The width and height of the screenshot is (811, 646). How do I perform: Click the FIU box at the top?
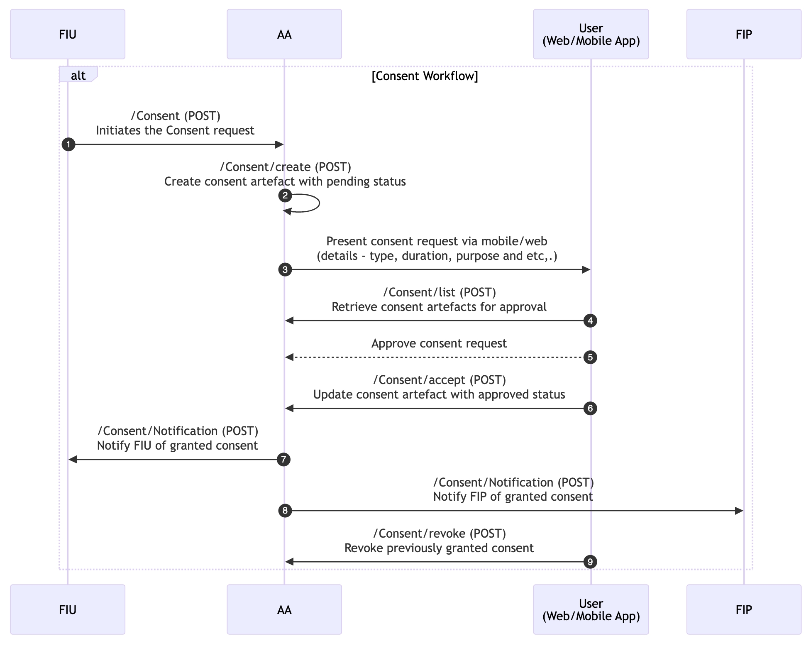(x=68, y=34)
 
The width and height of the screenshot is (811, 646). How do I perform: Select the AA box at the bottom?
(x=284, y=609)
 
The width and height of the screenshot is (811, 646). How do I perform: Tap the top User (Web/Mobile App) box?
(x=591, y=34)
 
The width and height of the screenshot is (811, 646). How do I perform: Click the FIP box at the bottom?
(x=744, y=609)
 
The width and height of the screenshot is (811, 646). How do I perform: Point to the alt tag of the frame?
(x=78, y=75)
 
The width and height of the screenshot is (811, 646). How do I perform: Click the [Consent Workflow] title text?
(x=425, y=76)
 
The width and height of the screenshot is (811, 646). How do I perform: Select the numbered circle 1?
(x=68, y=144)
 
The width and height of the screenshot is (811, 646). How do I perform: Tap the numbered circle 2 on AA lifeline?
(x=285, y=195)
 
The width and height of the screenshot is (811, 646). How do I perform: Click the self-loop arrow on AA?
(x=318, y=203)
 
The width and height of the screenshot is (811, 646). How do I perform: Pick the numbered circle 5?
(x=590, y=357)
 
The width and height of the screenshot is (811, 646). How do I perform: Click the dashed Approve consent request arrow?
(x=436, y=357)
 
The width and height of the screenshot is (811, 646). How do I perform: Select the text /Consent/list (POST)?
(x=439, y=292)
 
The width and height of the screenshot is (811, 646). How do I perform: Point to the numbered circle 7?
(x=283, y=460)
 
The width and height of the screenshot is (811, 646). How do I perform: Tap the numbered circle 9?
(x=590, y=562)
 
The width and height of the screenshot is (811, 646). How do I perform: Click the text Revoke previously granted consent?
(x=439, y=548)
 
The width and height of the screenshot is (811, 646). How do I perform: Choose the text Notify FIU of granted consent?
(x=177, y=445)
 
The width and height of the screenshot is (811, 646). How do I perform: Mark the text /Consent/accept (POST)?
(x=439, y=380)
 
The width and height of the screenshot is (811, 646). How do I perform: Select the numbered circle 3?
(x=285, y=270)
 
